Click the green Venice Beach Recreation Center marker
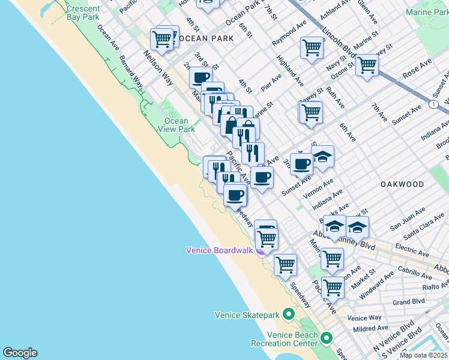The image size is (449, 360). (x=327, y=338)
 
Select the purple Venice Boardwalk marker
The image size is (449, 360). (x=261, y=252)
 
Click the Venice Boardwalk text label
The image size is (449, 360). (x=219, y=250)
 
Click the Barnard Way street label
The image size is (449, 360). (x=131, y=72)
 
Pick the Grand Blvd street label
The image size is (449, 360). (x=409, y=302)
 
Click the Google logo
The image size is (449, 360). (x=20, y=353)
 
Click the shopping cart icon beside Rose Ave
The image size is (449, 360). (x=366, y=65)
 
